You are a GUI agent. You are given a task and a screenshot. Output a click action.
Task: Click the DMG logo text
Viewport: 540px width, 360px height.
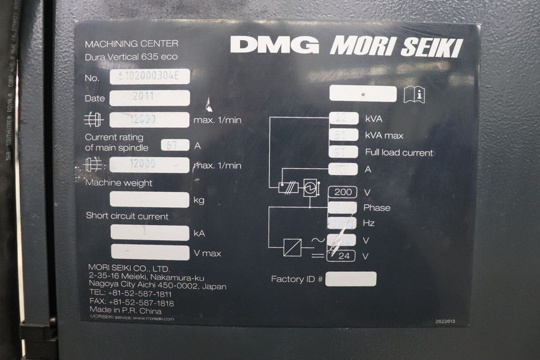[274, 44]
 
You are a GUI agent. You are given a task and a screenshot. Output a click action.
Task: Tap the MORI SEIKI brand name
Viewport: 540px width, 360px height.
[396, 46]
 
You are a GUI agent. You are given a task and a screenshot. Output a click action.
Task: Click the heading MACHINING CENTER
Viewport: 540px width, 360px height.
[131, 44]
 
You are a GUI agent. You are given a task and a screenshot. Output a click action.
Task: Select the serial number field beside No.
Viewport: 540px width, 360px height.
[149, 76]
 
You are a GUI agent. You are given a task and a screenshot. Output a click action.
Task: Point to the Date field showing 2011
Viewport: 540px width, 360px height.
[149, 98]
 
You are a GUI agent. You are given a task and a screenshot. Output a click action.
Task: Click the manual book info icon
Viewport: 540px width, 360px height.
[414, 94]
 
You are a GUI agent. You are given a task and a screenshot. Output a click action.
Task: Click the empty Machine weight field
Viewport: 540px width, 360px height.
[149, 199]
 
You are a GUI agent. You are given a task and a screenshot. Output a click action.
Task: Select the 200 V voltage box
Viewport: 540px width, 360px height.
[342, 192]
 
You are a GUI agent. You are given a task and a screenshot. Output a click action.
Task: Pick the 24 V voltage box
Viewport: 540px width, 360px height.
[342, 256]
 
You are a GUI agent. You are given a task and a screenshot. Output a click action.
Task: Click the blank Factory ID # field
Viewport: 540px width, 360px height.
[351, 279]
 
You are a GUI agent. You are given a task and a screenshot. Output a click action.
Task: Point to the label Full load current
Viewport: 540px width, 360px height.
[399, 152]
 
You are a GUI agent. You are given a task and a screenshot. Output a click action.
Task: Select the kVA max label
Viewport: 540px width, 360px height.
[384, 136]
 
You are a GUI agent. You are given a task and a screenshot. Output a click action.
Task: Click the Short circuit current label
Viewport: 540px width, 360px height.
[127, 216]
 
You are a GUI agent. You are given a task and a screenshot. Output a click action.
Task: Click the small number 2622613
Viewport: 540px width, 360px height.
[445, 322]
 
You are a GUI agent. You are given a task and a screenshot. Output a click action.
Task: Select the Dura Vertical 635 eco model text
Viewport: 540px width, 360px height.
[131, 57]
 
